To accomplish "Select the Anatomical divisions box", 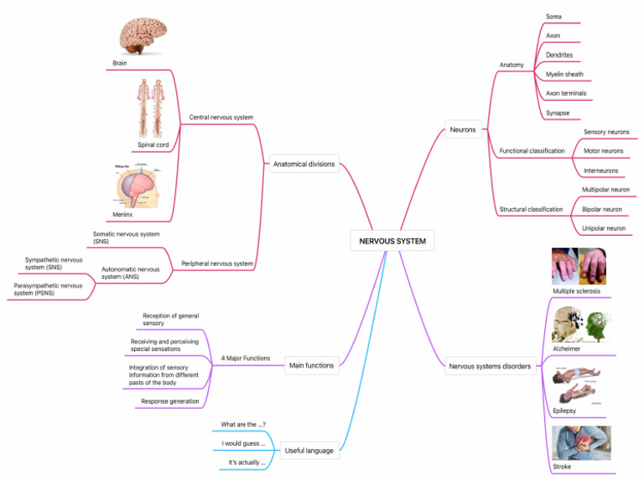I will click(x=304, y=165).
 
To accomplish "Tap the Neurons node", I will click(x=462, y=130).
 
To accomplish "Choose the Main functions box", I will click(x=311, y=365).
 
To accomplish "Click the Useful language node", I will click(x=309, y=451).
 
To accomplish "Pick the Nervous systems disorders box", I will click(x=490, y=366).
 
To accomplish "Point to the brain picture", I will click(x=142, y=38).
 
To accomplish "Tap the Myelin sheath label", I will click(x=564, y=74).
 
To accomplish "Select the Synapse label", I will click(x=558, y=112).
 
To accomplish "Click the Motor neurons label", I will click(x=603, y=151).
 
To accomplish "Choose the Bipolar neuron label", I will click(x=601, y=209).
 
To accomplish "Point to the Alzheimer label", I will click(x=566, y=348).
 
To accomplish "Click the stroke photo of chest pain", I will click(x=582, y=443).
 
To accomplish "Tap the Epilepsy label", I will click(x=564, y=410).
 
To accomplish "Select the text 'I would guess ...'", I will click(x=243, y=443).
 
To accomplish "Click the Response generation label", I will click(x=170, y=401).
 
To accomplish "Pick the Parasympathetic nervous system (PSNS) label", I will click(x=48, y=289).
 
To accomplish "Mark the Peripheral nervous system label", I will click(x=217, y=264).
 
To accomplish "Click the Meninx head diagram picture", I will click(x=138, y=186).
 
